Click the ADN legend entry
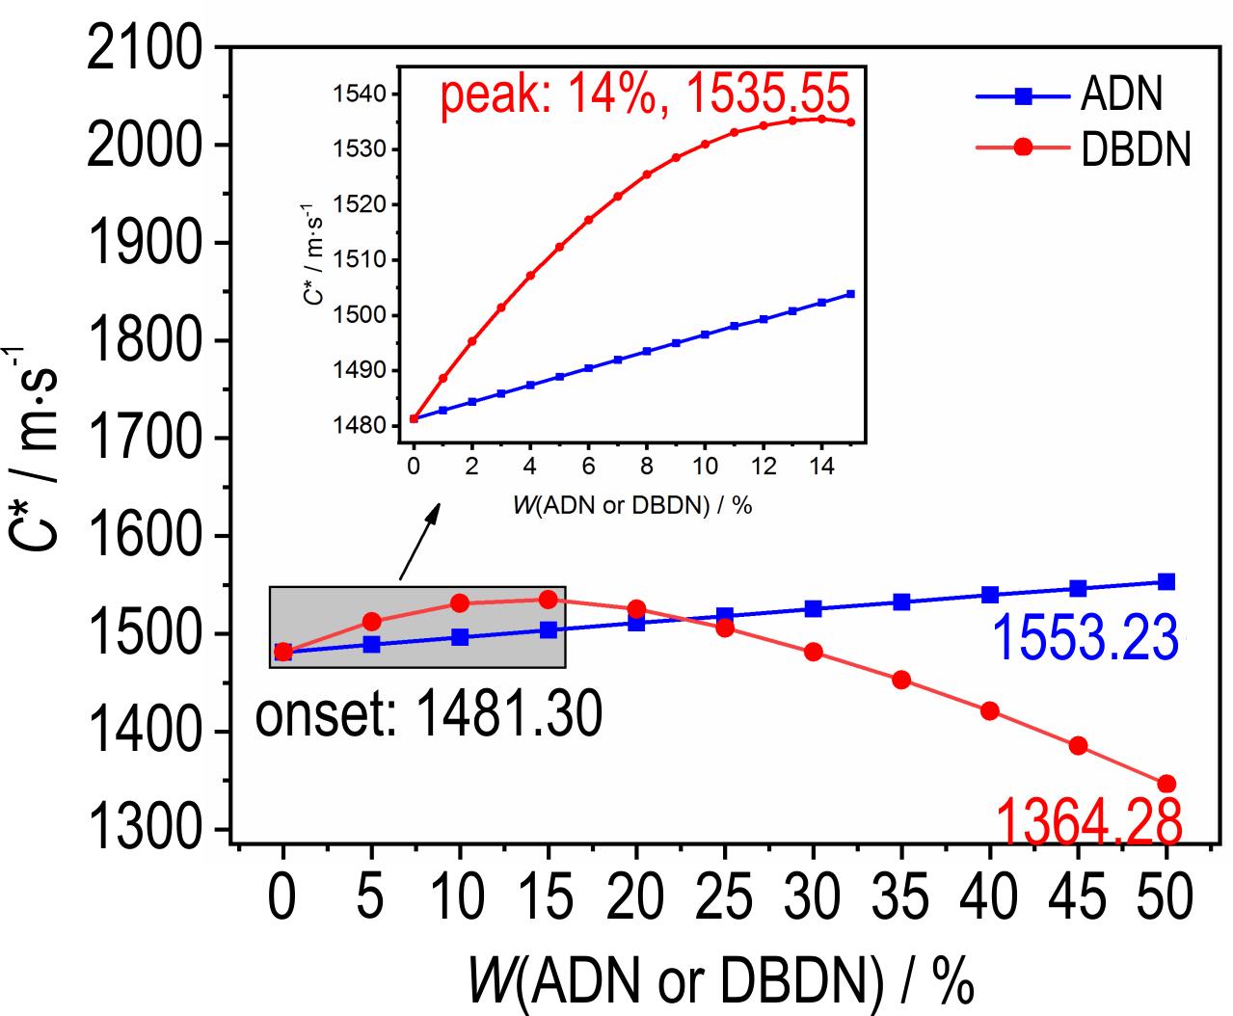click(x=1069, y=95)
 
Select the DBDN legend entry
click(x=1083, y=147)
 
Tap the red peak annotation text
click(x=645, y=94)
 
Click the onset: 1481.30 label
click(x=429, y=713)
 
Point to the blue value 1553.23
click(x=1086, y=638)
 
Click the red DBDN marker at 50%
click(x=1166, y=784)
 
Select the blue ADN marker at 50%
click(x=1166, y=582)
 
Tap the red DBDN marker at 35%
click(x=901, y=681)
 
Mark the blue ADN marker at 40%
click(x=990, y=595)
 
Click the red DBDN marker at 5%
click(x=371, y=621)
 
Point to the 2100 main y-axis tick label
click(x=144, y=49)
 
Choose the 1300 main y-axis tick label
click(x=144, y=828)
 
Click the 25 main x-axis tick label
click(x=725, y=896)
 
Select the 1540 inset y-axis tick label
click(x=359, y=94)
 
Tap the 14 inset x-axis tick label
click(x=820, y=467)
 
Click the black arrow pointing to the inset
click(x=419, y=542)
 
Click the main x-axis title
click(x=721, y=980)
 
